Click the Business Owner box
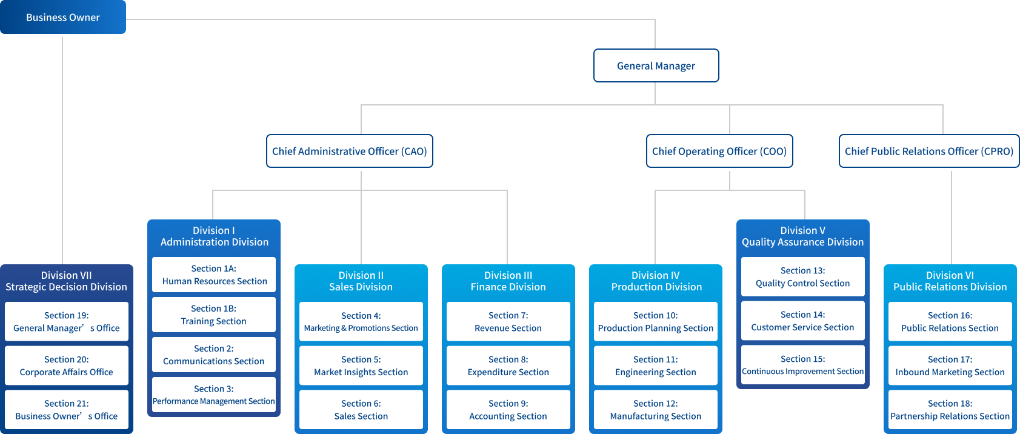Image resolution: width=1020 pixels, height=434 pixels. (x=62, y=17)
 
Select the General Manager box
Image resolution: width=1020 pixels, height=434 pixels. (x=656, y=65)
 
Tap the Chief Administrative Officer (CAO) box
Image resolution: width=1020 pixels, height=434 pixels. (x=349, y=151)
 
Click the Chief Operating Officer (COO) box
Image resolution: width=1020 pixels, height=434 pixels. (x=719, y=151)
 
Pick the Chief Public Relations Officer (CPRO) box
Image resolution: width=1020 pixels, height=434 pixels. (x=928, y=151)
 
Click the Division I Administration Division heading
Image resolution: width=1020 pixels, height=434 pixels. (x=214, y=236)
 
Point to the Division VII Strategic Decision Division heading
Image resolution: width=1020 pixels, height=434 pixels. (x=66, y=281)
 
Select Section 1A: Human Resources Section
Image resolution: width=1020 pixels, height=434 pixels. (x=214, y=275)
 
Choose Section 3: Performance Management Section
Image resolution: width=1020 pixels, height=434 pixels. (x=214, y=395)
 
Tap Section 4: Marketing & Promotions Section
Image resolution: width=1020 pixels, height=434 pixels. (x=361, y=321)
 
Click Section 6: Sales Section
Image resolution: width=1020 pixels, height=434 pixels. (x=361, y=410)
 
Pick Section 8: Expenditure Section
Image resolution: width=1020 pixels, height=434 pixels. (x=508, y=366)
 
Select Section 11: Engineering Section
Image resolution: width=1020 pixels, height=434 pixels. (x=655, y=366)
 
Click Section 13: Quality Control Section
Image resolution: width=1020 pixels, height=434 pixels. (x=802, y=276)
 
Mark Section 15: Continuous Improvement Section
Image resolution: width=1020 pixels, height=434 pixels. (x=802, y=365)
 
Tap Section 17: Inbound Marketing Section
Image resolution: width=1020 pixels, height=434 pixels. (x=950, y=366)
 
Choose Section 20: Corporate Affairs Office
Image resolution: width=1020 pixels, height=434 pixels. (x=66, y=366)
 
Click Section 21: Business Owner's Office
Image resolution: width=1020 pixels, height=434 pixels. (x=66, y=410)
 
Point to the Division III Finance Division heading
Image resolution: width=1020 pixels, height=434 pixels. (x=508, y=281)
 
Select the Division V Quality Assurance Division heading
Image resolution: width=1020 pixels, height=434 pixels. (x=802, y=236)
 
